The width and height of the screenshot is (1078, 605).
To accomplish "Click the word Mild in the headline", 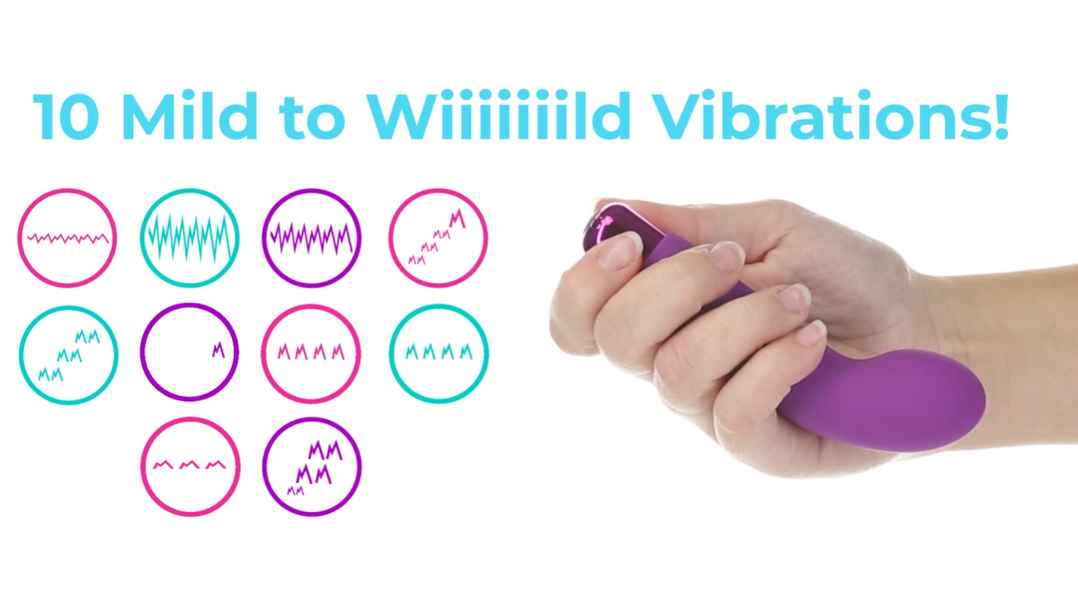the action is pos(190,116).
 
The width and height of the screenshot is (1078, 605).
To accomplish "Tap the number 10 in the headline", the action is pos(66,116).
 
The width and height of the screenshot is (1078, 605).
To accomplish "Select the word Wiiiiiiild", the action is pos(499,116).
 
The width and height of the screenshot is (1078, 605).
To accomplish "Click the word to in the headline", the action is pos(312,118).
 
